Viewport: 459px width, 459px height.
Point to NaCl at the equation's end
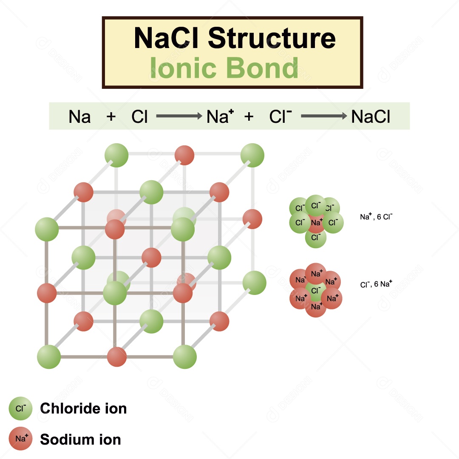(x=371, y=116)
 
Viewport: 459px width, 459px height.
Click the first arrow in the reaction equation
(x=178, y=116)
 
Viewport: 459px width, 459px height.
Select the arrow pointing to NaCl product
(x=324, y=116)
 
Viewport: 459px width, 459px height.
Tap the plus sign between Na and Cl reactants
(x=111, y=116)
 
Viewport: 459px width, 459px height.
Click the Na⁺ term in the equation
(x=220, y=116)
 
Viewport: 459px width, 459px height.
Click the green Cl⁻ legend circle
(x=20, y=408)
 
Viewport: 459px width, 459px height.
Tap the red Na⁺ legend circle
(x=20, y=439)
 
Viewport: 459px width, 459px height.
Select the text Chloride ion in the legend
(x=83, y=408)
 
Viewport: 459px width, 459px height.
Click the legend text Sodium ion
(x=80, y=439)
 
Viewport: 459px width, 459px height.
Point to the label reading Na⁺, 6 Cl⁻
(x=376, y=217)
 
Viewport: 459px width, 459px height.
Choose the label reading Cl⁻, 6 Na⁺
(x=376, y=284)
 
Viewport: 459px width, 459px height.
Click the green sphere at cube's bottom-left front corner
(x=49, y=357)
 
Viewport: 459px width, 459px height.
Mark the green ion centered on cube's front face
(x=115, y=293)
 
